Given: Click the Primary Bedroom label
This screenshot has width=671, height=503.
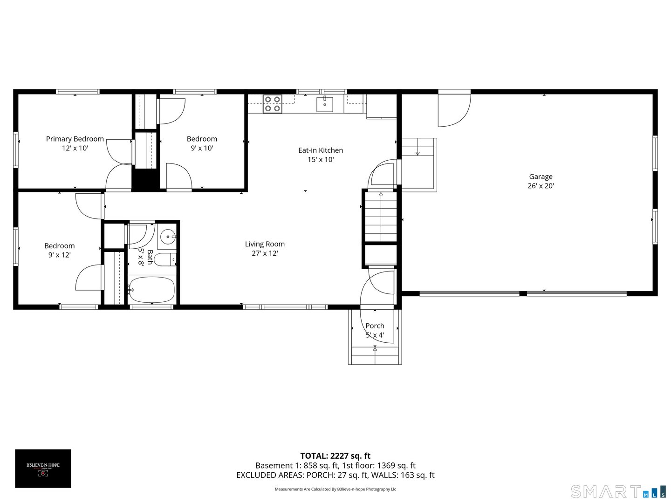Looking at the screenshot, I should [75, 139].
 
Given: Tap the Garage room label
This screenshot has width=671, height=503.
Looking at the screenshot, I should [541, 177].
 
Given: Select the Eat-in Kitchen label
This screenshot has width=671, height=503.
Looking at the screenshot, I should [321, 150].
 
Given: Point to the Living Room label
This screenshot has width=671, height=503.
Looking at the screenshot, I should [265, 244].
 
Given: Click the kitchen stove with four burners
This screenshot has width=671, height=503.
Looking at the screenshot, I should [272, 104].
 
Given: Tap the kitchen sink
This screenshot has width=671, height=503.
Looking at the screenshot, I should [325, 104].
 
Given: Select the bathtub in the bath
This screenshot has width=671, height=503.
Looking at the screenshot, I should [152, 290].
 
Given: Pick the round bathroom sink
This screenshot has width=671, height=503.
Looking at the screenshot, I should [167, 237].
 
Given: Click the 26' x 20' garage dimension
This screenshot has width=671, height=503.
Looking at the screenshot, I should [541, 186].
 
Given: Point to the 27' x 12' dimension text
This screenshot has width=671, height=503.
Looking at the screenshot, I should [265, 253].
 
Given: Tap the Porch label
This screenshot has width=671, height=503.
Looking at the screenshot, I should [375, 326].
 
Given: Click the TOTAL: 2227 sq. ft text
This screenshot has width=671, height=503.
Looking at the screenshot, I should [335, 456].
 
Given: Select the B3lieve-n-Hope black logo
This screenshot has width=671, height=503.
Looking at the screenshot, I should [43, 469].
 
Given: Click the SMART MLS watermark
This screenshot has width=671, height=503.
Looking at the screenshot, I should [618, 491].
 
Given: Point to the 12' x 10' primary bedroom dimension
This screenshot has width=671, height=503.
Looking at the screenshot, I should [75, 148].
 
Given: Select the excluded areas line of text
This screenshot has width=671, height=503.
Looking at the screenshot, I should [335, 475].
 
